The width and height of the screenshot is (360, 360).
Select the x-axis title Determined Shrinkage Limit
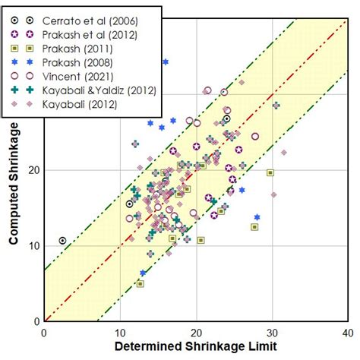click(196, 348)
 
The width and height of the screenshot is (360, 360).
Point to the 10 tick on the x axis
click(120, 332)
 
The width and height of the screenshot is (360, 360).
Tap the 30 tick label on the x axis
click(272, 332)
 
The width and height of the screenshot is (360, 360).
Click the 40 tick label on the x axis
click(347, 332)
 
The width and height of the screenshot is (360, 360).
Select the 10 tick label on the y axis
click(33, 245)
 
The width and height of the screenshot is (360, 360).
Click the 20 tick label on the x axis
click(196, 332)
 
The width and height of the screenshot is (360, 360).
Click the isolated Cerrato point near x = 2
click(62, 241)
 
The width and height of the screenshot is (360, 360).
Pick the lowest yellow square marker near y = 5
click(140, 283)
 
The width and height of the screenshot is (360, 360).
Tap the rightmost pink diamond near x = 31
click(283, 153)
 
